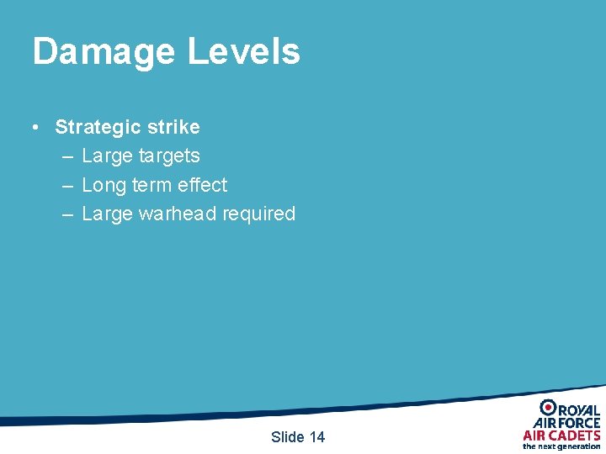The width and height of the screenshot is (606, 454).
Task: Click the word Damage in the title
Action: click(104, 51)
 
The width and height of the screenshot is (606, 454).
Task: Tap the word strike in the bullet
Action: click(173, 128)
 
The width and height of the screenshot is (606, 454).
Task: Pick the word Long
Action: click(104, 185)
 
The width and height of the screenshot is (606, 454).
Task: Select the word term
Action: click(151, 185)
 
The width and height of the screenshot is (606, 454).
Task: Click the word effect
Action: click(203, 185)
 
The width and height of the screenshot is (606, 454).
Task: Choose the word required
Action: click(258, 214)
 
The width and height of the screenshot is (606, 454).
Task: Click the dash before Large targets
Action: click(67, 156)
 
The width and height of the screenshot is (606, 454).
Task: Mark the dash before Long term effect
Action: click(67, 185)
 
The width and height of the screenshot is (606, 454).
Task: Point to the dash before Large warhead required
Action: click(67, 214)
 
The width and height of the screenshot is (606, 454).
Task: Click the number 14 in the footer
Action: click(316, 437)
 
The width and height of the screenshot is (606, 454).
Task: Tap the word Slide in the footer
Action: click(288, 437)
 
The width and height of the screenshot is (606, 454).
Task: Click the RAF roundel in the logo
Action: click(547, 409)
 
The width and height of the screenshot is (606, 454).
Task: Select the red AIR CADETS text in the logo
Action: click(561, 435)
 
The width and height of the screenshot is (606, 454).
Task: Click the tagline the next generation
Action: click(561, 446)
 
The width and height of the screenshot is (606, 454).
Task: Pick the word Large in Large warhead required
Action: click(107, 214)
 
